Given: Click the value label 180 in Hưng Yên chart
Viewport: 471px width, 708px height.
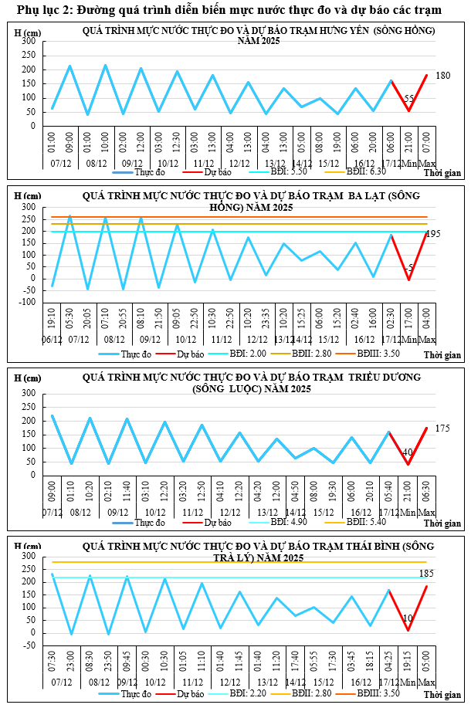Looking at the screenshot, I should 442,76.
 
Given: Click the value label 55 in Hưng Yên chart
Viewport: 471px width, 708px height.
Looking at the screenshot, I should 409,99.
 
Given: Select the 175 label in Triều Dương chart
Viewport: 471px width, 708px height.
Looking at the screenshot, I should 442,428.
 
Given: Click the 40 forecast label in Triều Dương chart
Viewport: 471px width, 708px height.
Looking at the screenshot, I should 408,452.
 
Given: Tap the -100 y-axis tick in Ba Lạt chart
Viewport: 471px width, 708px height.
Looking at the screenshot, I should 27,302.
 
